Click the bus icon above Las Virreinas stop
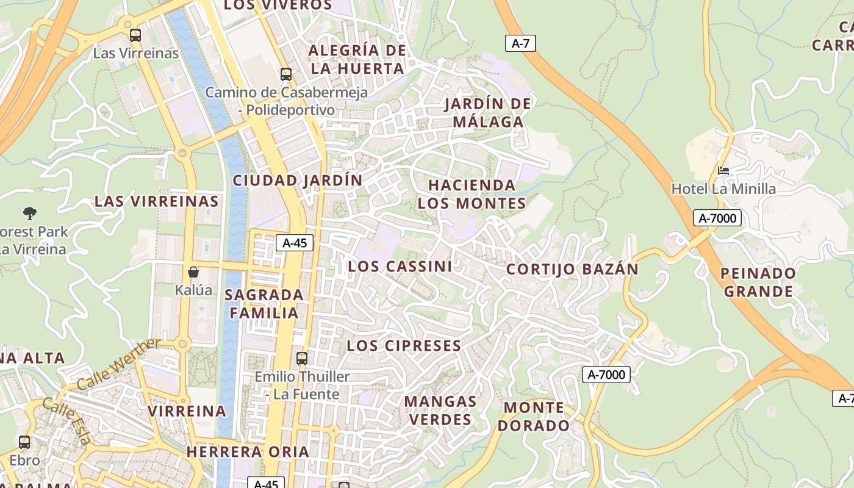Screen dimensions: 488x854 click(135, 35)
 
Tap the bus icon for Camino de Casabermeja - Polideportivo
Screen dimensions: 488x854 click(285, 74)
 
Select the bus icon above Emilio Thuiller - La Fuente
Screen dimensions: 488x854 click(301, 358)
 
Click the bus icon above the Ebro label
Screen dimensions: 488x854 click(24, 442)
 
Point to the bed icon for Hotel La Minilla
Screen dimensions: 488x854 click(723, 171)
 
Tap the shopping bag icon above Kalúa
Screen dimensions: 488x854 click(193, 272)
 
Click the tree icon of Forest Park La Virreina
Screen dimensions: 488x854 click(30, 213)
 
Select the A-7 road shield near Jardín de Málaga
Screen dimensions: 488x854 click(520, 43)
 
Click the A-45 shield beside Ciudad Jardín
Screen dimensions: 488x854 click(295, 243)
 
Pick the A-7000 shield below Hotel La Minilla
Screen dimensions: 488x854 click(717, 218)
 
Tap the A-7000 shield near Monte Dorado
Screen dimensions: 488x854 click(606, 375)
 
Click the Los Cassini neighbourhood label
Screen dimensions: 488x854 click(400, 267)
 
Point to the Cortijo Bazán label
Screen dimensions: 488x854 click(572, 269)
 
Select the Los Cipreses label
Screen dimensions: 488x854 click(404, 346)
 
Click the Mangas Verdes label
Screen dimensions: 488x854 click(440, 411)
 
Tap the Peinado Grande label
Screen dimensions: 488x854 click(758, 282)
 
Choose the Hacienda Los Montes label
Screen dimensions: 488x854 click(472, 194)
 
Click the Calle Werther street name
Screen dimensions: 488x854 click(119, 364)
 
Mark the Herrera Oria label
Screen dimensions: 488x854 click(248, 452)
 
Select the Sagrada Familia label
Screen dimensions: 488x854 click(264, 304)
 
